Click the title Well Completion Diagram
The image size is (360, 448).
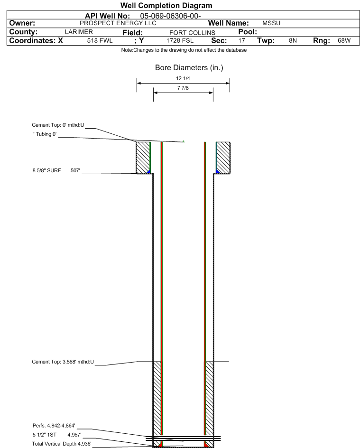(166, 5)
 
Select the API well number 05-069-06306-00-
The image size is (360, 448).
(170, 16)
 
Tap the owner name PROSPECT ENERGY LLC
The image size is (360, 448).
(118, 23)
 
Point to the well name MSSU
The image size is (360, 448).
(271, 23)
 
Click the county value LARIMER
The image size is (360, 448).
(79, 32)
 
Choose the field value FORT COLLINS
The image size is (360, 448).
(192, 33)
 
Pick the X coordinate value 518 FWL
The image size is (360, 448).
(100, 40)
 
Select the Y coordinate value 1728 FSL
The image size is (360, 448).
(180, 40)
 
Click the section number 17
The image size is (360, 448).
(242, 40)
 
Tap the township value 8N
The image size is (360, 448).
(293, 40)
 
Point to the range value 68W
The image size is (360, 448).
(344, 40)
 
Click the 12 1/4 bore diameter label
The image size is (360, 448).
(183, 78)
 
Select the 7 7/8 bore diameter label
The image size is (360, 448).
(183, 88)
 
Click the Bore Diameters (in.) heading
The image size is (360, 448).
(189, 68)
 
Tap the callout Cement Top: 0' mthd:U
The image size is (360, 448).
(58, 125)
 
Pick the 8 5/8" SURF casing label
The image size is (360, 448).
(46, 170)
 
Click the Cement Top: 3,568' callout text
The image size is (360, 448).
(63, 362)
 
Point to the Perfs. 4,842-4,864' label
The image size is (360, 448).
(54, 426)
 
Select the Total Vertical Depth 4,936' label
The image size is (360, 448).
(62, 444)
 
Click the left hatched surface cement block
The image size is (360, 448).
(143, 158)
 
